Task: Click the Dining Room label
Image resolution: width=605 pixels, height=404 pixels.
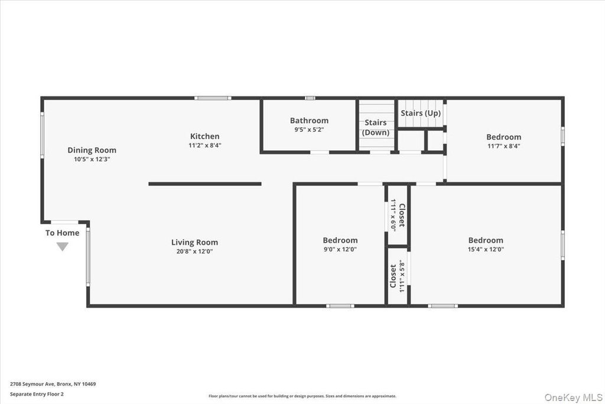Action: pos(92,150)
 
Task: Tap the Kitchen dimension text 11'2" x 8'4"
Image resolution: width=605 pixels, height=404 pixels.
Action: pos(205,146)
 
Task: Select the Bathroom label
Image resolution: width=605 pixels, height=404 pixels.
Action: pos(309,121)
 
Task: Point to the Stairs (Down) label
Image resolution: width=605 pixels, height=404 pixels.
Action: pos(375,127)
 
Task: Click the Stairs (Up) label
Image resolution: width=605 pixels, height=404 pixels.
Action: pos(421,113)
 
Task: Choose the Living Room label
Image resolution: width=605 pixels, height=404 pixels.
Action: pos(194,243)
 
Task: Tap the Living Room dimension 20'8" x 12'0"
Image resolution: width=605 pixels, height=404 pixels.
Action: pos(194,251)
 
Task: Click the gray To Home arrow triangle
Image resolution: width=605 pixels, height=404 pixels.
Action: pos(63,247)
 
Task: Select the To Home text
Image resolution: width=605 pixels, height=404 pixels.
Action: pos(62,233)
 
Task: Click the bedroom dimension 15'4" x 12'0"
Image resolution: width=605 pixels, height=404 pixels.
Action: pos(486,250)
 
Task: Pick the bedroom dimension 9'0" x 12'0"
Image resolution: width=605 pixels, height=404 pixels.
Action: pos(340,250)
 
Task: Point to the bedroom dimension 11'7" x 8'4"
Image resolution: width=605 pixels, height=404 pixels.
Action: pos(503,146)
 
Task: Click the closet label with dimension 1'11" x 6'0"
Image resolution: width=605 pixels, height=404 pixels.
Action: pos(402,215)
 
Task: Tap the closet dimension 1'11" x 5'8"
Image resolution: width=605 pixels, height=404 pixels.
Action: pos(402,276)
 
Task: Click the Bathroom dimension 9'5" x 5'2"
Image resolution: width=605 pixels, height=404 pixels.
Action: pos(309,130)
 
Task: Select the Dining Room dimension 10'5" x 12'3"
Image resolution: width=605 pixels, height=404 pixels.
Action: pos(92,159)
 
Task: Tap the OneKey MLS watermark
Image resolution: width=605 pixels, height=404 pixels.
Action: pos(573,397)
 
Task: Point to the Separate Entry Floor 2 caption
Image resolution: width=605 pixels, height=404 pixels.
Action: pos(37,394)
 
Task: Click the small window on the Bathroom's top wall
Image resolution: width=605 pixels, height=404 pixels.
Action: pos(310,98)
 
